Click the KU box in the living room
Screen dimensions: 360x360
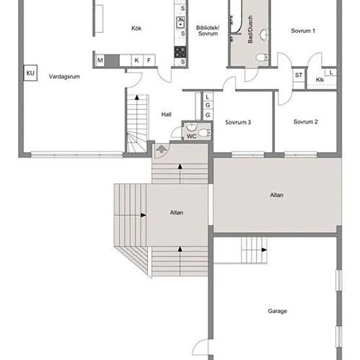[31, 73]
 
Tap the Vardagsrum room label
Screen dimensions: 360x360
[64, 77]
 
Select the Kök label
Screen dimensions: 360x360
[136, 28]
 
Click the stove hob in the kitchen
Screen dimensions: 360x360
[180, 52]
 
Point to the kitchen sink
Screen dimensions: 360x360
[180, 22]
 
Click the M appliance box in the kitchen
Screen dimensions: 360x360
[100, 60]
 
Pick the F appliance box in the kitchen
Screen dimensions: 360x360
[149, 60]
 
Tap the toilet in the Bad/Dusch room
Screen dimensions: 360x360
[262, 57]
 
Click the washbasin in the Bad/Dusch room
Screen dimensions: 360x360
[264, 35]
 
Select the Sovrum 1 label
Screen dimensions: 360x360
[303, 31]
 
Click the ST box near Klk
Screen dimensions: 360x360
[298, 75]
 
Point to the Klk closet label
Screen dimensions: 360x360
[320, 80]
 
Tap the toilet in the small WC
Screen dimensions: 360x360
[205, 133]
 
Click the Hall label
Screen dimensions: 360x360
[166, 115]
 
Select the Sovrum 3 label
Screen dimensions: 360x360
[238, 122]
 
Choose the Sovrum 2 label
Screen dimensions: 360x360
[306, 122]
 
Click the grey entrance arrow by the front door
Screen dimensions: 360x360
[162, 149]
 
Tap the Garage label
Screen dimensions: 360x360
[278, 311]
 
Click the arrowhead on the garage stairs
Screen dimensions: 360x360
[264, 250]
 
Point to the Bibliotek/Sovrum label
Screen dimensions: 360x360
[207, 31]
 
